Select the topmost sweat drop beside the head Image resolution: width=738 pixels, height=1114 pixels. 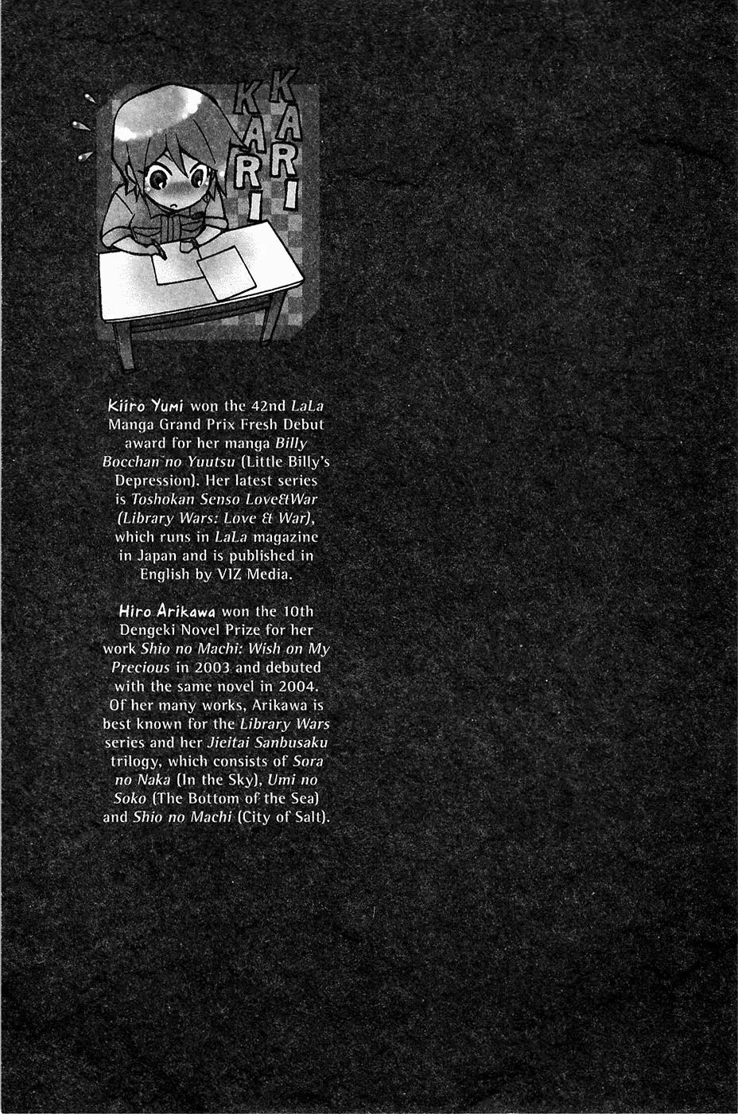point(89,99)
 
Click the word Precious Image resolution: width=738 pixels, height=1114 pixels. point(141,668)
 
